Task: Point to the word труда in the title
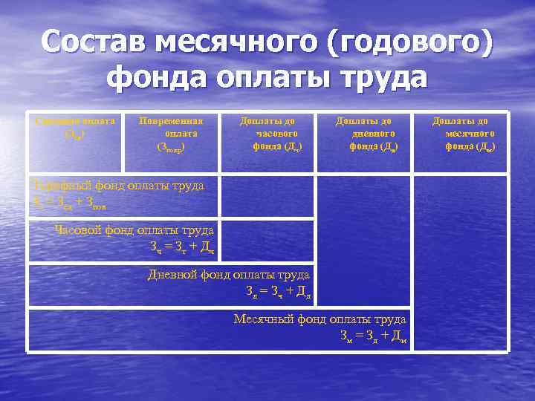(x=380, y=78)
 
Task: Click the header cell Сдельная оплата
(x=74, y=126)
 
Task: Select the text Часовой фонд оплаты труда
(x=134, y=229)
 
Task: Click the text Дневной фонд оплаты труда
(x=229, y=274)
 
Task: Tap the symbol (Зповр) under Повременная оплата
(x=172, y=147)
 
